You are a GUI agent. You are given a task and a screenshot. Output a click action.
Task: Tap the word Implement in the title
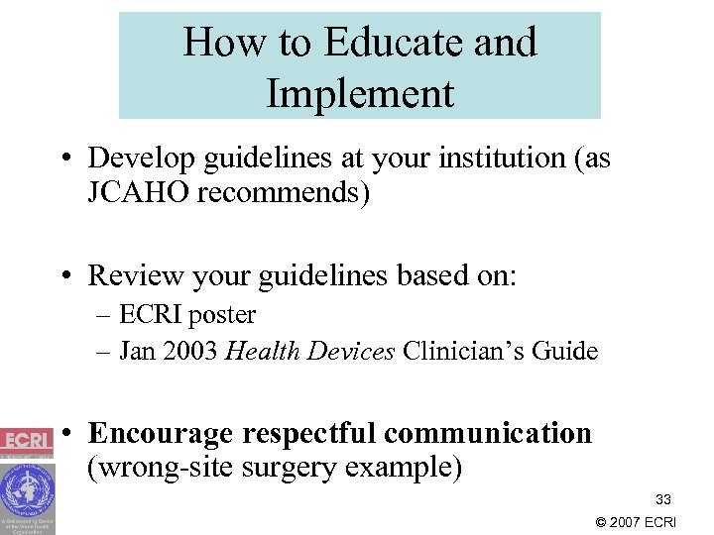(360, 93)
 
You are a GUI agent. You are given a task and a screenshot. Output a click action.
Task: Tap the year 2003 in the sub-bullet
(193, 351)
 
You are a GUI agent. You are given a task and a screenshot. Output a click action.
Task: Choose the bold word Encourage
(160, 434)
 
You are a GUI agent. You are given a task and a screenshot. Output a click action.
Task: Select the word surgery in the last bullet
(278, 467)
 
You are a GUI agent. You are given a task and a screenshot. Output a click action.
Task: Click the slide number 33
(662, 500)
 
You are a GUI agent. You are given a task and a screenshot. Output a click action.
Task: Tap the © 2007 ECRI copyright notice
(635, 522)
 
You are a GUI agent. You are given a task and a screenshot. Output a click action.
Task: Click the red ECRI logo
(27, 440)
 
